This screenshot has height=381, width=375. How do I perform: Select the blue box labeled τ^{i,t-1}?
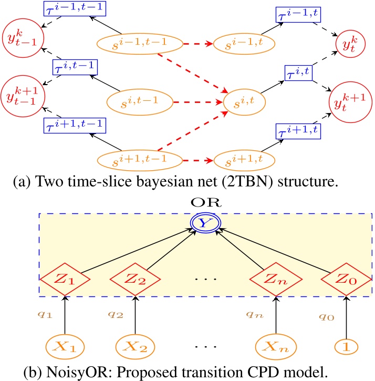(x=77, y=67)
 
